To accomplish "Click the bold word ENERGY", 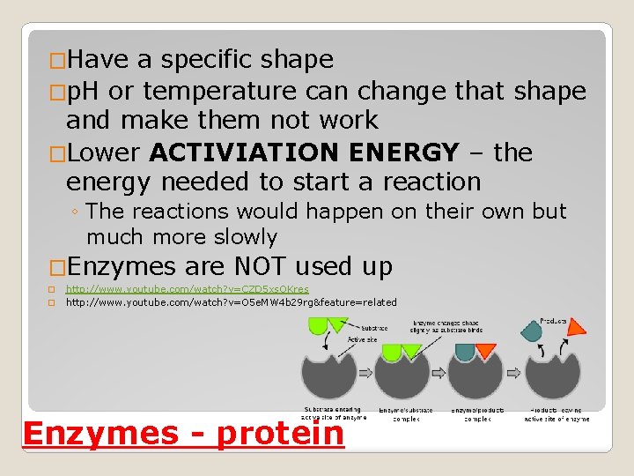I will point(404,152).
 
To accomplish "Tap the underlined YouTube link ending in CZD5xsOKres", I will point(187,289).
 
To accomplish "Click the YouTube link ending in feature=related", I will point(231,302).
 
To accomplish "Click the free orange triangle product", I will point(576,327).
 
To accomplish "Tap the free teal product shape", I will point(533,331).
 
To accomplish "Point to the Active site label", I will point(364,339).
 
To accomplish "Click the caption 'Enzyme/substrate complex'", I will point(406,414).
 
